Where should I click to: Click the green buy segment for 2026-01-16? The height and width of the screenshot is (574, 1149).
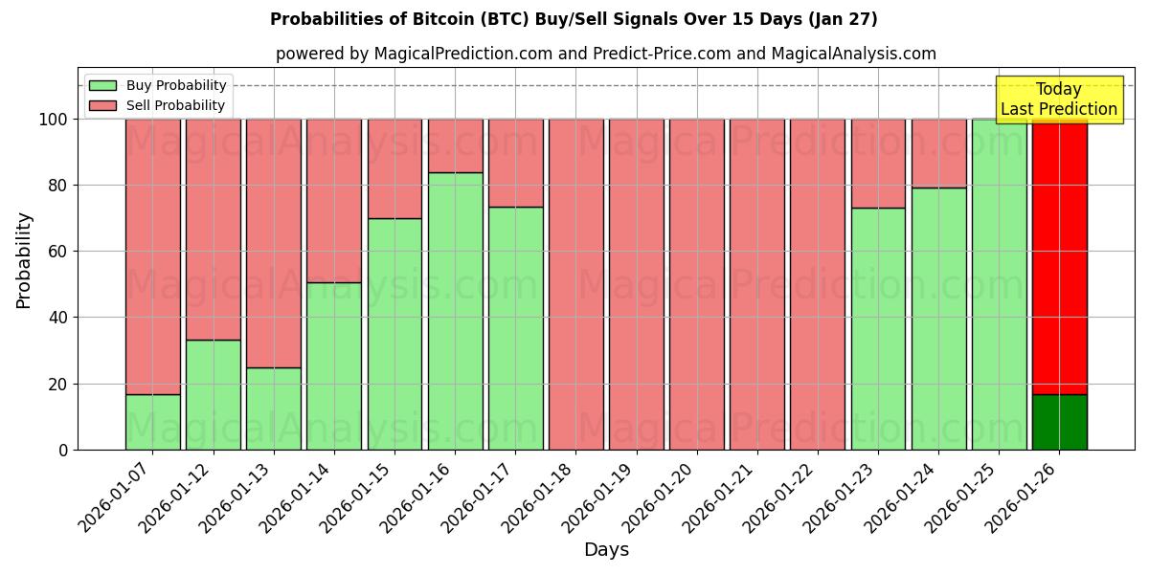pyautogui.click(x=455, y=311)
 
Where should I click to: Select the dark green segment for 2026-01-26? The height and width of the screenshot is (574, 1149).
pyautogui.click(x=1059, y=422)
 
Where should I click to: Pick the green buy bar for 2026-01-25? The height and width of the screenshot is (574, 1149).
pyautogui.click(x=999, y=284)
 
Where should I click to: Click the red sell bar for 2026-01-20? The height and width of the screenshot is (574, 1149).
pyautogui.click(x=696, y=284)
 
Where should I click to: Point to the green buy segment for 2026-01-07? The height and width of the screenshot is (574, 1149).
pyautogui.click(x=153, y=422)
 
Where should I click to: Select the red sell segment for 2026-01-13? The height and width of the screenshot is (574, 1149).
pyautogui.click(x=274, y=243)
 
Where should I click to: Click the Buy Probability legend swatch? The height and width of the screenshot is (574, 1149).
pyautogui.click(x=102, y=85)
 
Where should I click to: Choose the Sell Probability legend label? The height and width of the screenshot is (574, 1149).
pyautogui.click(x=175, y=105)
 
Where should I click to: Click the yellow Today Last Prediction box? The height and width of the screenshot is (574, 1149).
pyautogui.click(x=1058, y=99)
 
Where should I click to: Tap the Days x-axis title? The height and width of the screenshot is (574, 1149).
pyautogui.click(x=606, y=550)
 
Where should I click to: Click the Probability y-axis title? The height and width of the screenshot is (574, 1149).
pyautogui.click(x=24, y=259)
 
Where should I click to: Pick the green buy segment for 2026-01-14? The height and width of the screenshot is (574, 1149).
pyautogui.click(x=334, y=365)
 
